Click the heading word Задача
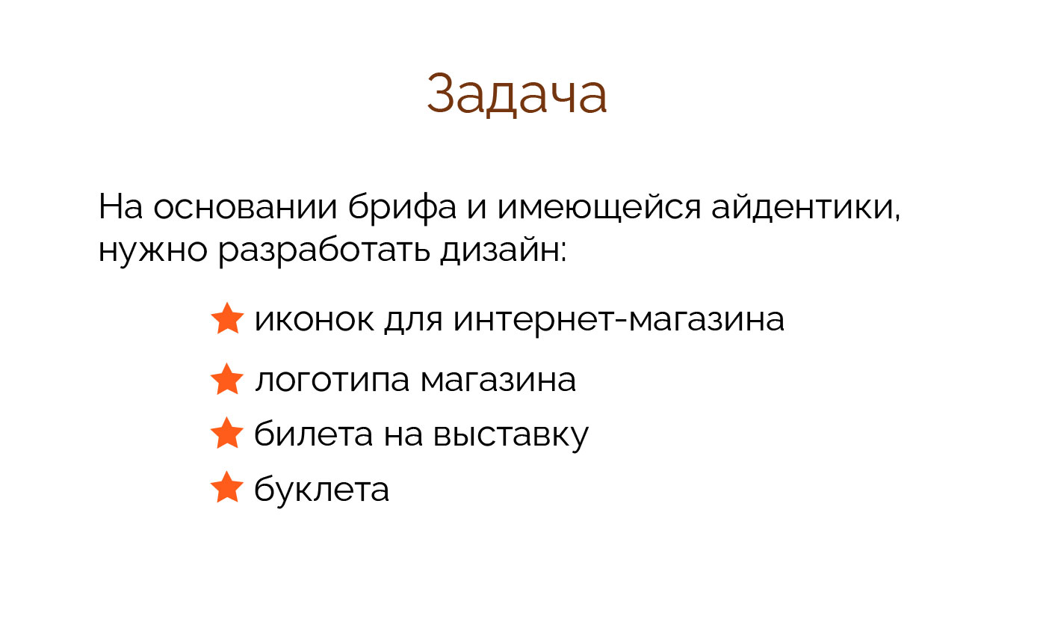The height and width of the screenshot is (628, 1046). click(517, 94)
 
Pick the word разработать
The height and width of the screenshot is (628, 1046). click(324, 251)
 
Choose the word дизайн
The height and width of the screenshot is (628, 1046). click(504, 251)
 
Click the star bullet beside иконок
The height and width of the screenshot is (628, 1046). click(227, 319)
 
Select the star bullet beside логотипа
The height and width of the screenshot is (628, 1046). click(227, 380)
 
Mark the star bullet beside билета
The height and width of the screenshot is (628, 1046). click(227, 434)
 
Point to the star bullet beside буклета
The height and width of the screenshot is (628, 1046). click(227, 489)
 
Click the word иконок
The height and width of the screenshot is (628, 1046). click(314, 320)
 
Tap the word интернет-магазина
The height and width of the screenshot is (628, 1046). click(619, 320)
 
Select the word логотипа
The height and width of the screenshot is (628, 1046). click(332, 381)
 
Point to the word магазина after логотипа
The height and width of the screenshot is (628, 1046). click(498, 381)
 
